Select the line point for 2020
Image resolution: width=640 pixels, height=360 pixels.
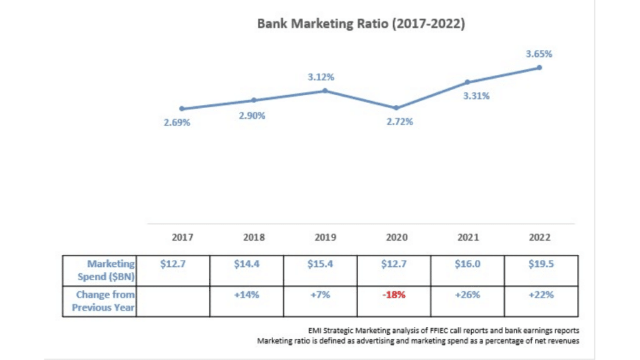(396, 107)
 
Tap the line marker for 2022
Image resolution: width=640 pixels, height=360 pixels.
(539, 67)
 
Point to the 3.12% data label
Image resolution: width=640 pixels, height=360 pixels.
(321, 77)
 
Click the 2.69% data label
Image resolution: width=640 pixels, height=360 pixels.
(177, 122)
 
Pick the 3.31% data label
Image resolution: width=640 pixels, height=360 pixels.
(476, 96)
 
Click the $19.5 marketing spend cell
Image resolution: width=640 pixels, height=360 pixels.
(541, 264)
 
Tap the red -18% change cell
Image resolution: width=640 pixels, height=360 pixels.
(394, 294)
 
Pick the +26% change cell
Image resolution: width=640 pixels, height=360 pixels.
(467, 294)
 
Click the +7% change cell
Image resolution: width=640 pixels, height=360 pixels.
(321, 294)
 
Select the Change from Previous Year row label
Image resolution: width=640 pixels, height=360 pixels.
(103, 301)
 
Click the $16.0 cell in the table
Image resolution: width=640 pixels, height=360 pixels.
(467, 264)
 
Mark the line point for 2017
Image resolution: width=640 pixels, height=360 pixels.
(181, 108)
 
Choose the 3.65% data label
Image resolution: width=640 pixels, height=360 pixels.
(539, 54)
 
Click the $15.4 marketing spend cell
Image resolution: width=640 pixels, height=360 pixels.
(321, 264)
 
